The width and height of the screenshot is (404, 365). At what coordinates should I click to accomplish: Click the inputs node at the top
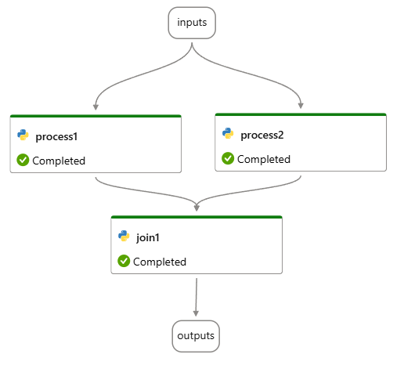[192, 22]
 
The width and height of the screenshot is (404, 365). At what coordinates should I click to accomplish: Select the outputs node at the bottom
[196, 336]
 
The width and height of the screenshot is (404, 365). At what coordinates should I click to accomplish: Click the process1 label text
[56, 136]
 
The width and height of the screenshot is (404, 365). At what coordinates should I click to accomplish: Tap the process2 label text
[262, 135]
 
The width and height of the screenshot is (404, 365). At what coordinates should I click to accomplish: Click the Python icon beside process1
[23, 136]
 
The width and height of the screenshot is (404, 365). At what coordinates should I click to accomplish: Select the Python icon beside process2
[228, 134]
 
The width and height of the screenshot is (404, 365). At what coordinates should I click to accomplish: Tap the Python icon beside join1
[124, 236]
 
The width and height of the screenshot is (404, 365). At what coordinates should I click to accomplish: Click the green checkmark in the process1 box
[23, 161]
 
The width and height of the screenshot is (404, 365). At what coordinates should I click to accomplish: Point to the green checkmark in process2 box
[228, 159]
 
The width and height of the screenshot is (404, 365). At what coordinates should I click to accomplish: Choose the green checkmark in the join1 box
[124, 261]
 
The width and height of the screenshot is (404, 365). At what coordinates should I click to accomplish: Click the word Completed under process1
[59, 161]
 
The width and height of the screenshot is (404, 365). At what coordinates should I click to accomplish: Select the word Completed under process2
[264, 159]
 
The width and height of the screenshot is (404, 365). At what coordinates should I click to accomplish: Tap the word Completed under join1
[160, 262]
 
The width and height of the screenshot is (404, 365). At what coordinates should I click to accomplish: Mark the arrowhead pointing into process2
[301, 105]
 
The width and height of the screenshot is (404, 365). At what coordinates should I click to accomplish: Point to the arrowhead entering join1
[197, 207]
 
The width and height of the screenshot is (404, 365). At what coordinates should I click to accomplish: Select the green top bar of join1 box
[197, 217]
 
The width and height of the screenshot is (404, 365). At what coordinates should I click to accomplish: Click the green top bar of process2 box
[301, 114]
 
